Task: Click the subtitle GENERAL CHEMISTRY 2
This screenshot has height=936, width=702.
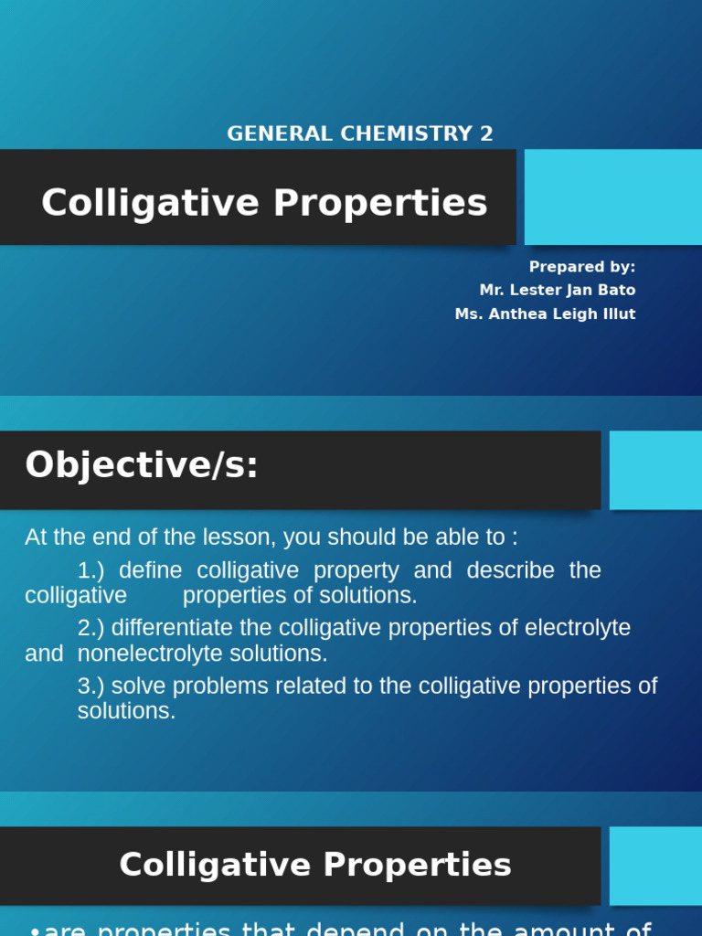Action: click(x=359, y=133)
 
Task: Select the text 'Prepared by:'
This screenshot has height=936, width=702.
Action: click(x=582, y=267)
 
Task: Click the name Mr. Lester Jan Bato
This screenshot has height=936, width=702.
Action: click(x=558, y=290)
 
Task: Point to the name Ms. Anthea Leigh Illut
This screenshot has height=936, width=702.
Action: click(x=546, y=314)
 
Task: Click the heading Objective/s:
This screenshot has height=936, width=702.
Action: click(x=142, y=465)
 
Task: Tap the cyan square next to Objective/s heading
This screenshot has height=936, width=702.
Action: click(x=655, y=470)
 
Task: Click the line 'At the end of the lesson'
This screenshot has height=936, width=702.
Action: click(x=271, y=537)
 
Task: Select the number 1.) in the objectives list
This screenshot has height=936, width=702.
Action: click(x=91, y=570)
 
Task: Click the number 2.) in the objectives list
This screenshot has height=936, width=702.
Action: click(x=91, y=628)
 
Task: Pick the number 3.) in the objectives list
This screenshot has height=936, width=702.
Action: click(x=91, y=686)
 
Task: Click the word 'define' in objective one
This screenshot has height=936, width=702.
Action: click(x=151, y=570)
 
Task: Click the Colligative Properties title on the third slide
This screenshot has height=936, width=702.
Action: click(x=315, y=865)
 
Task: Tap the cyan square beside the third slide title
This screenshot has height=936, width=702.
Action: click(x=655, y=866)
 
